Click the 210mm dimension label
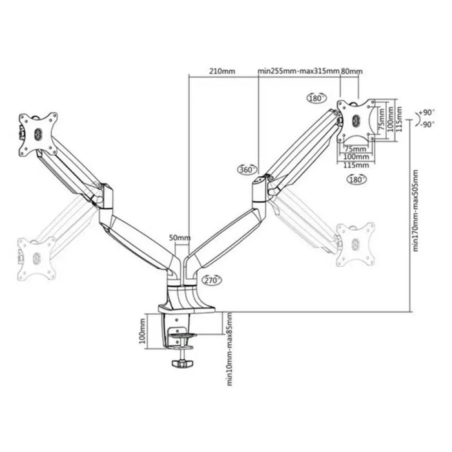click(221, 71)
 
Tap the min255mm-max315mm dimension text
click(298, 71)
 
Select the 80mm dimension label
click(352, 71)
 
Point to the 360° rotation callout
click(246, 169)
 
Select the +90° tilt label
click(427, 112)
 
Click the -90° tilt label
click(427, 124)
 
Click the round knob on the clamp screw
click(183, 365)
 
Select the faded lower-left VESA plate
click(36, 257)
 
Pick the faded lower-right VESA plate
click(355, 243)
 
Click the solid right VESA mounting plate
click(356, 119)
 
